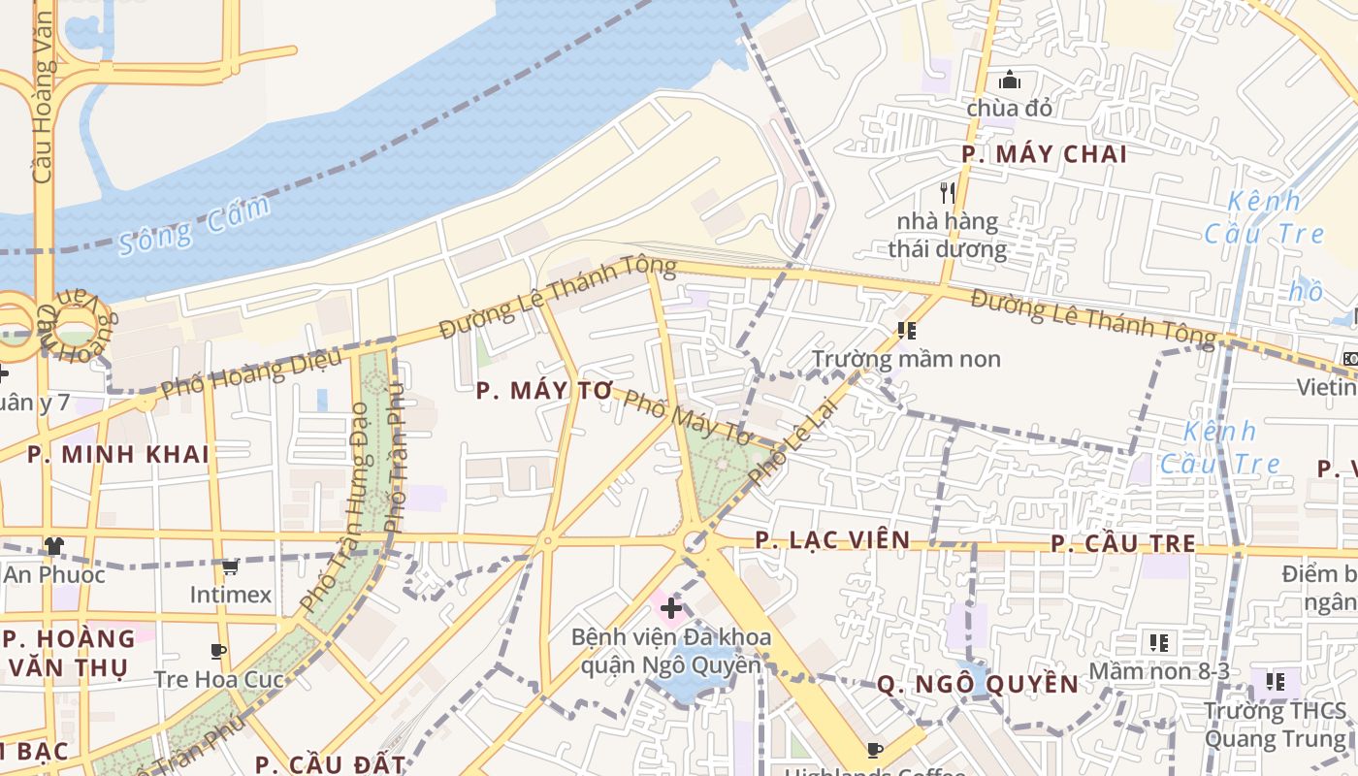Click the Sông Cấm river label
tap(193, 226)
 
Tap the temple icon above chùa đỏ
tap(1009, 80)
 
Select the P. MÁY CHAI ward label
tap(1044, 154)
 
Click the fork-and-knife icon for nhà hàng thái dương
tap(948, 192)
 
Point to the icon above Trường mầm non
tap(907, 331)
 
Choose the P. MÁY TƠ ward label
tap(545, 391)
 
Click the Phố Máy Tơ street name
tap(687, 418)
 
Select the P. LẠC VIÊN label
tap(832, 540)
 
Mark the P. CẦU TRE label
tap(1123, 544)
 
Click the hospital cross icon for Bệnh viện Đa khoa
tap(670, 609)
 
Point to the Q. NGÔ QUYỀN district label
tap(977, 685)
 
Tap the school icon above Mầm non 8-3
tap(1158, 642)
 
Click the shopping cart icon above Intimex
tap(230, 566)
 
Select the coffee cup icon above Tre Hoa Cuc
tap(218, 651)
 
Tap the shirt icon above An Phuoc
tap(53, 547)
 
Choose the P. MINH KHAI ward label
tap(118, 454)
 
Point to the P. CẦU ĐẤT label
tap(330, 763)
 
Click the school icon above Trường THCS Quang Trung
tap(1275, 682)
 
